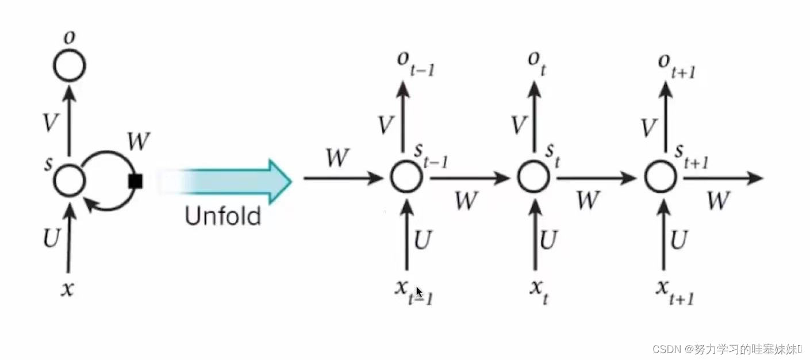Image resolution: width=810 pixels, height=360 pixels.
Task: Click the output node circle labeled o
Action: coord(70,66)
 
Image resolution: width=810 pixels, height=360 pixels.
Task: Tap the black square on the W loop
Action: coord(136,182)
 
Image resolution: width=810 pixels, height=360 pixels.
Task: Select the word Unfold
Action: coord(223,216)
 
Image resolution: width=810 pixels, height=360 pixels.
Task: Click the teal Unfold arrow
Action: coord(230,181)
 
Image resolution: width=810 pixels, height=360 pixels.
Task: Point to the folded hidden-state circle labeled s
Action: coord(70,181)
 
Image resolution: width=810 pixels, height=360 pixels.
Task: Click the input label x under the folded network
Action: coord(67,289)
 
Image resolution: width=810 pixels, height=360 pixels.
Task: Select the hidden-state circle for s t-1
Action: coord(406,177)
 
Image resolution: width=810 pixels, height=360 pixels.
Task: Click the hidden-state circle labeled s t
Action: coord(534,177)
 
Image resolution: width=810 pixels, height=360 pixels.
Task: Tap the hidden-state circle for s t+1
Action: coord(661,177)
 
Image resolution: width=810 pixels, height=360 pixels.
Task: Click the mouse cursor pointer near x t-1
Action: coord(420,292)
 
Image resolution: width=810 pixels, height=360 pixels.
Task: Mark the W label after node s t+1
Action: coord(718,201)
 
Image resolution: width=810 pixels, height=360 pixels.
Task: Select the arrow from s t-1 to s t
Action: coord(469,178)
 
